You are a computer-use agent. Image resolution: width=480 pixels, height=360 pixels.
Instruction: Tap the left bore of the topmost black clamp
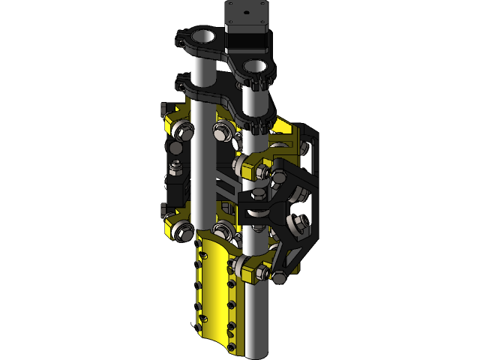click(x=203, y=35)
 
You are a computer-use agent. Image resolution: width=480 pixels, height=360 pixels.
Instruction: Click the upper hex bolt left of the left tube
click(x=181, y=133)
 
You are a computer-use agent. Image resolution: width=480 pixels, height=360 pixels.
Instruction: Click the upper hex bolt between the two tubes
click(x=222, y=133)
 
